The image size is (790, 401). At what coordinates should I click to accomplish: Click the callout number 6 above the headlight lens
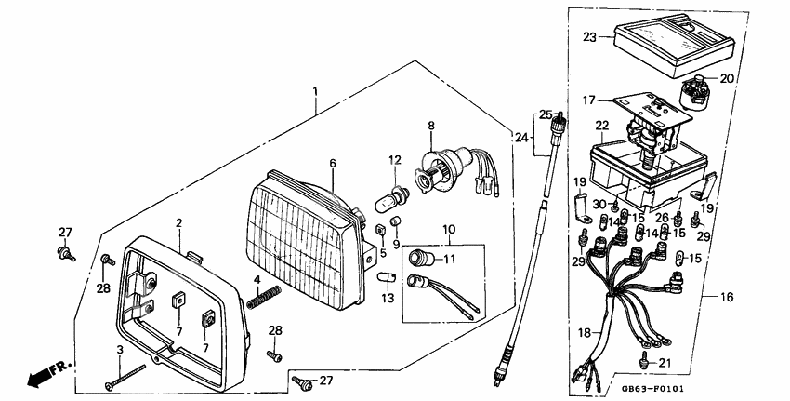[x=332, y=162]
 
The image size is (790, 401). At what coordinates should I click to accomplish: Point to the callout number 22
[x=602, y=126]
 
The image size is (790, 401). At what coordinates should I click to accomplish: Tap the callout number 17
[x=588, y=100]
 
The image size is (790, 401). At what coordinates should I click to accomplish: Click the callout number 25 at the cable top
[x=545, y=114]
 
